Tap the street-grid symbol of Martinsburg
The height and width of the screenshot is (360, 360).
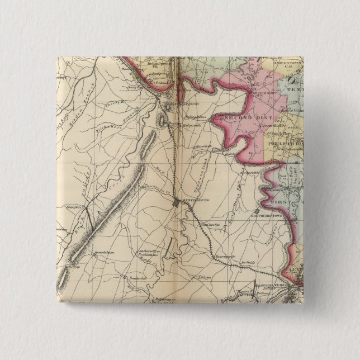coord(177,204)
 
